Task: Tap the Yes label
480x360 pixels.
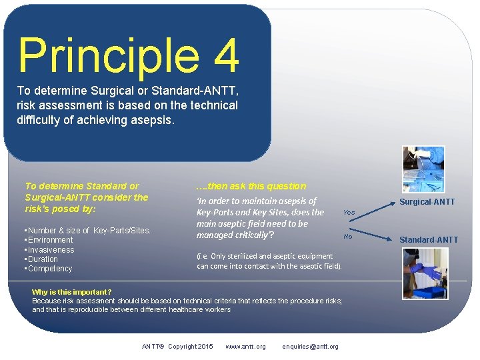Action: tap(349, 212)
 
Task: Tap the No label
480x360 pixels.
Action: tap(347, 237)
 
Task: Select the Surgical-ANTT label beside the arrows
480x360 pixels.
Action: tap(427, 202)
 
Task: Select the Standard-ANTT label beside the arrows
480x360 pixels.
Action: tap(429, 240)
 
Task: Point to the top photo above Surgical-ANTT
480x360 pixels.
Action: tap(423, 169)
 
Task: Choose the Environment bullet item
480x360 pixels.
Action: tap(50, 240)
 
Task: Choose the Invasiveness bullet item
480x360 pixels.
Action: tap(51, 250)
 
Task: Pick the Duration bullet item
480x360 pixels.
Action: tap(43, 259)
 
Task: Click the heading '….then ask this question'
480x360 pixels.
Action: tap(251, 186)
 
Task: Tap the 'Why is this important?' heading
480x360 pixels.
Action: tap(71, 292)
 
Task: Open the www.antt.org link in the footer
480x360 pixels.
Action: tap(245, 347)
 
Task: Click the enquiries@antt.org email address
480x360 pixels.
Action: tap(310, 347)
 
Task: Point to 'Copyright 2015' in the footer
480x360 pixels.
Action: tap(191, 347)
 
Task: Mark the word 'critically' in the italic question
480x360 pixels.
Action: tap(248, 235)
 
